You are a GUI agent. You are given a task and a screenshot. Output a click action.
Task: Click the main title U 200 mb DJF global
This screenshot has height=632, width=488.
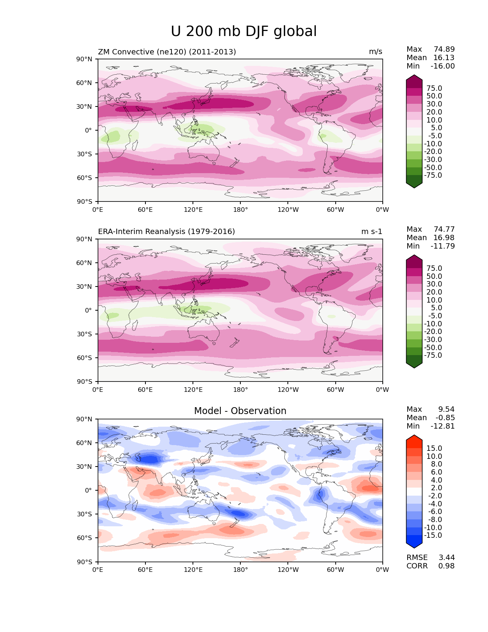243,31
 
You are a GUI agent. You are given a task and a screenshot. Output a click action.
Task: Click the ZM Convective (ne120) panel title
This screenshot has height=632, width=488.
167,52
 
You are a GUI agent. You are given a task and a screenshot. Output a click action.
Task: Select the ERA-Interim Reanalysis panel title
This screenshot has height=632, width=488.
166,232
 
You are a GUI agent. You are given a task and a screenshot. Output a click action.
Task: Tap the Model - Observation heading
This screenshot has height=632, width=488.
240,411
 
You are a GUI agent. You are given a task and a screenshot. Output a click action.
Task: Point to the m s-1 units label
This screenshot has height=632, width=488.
372,232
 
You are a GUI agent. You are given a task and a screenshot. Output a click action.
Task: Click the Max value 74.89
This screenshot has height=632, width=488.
444,49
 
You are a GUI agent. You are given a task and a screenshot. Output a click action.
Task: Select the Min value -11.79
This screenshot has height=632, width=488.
442,246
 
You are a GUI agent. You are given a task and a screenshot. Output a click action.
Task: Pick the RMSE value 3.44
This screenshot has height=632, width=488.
446,558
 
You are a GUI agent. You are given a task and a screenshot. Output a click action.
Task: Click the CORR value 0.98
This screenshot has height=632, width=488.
446,566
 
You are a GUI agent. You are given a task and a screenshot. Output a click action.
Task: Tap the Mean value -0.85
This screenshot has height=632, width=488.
445,418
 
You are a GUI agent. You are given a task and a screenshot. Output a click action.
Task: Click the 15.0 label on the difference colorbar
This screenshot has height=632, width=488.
434,449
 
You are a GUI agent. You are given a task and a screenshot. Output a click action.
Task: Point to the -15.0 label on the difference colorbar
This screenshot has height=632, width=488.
433,535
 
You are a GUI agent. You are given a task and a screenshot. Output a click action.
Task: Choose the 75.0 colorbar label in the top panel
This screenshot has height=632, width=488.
434,88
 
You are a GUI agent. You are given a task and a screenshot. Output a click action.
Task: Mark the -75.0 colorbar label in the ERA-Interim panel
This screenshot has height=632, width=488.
433,355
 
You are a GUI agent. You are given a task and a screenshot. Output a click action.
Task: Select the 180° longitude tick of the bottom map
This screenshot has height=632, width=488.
240,570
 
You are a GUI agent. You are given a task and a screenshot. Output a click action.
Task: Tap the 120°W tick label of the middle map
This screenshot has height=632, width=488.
288,390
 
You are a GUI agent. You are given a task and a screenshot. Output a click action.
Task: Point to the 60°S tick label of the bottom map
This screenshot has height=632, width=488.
85,538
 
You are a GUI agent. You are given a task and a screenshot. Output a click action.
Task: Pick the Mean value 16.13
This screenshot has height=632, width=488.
444,58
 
